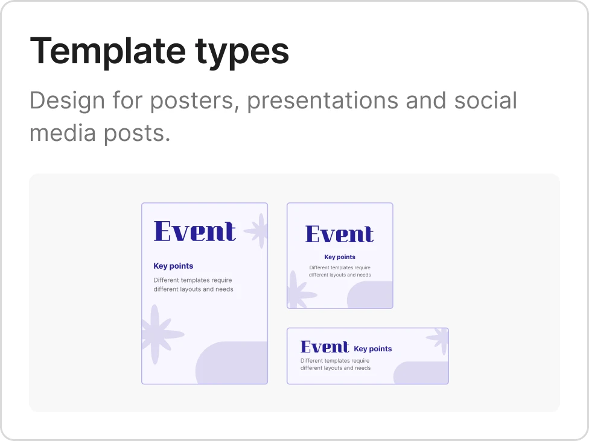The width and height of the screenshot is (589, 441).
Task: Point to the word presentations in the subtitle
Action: click(322, 101)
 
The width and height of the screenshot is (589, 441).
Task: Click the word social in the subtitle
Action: click(486, 100)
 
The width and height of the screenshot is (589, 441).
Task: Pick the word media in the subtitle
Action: click(63, 133)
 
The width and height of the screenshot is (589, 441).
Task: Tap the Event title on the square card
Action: click(340, 234)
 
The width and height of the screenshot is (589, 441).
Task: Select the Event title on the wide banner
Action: click(325, 347)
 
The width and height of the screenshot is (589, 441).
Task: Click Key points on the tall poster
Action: click(173, 266)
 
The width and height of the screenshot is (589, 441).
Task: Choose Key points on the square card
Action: click(340, 257)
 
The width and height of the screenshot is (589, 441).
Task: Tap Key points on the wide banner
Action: click(372, 349)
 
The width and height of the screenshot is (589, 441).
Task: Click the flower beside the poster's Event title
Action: click(258, 231)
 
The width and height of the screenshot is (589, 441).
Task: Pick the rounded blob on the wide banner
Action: click(421, 373)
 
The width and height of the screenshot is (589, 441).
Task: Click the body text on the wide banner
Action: click(336, 364)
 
